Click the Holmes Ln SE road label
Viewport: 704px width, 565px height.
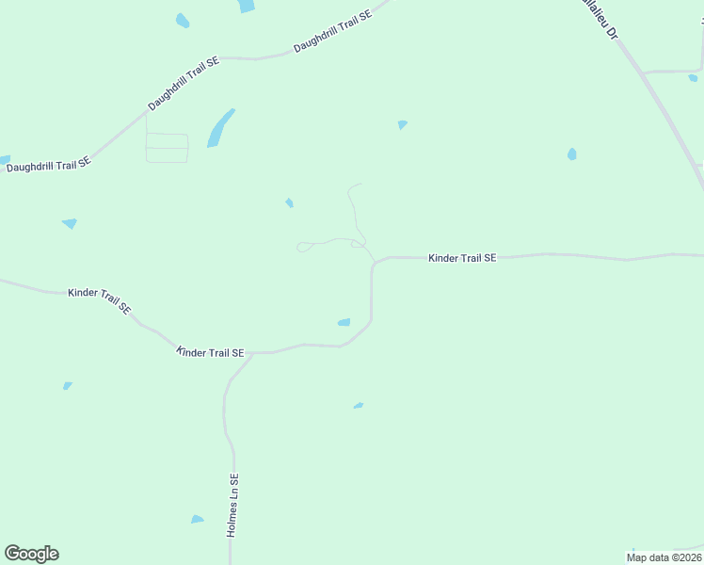(233, 505)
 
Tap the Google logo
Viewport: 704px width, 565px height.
(31, 554)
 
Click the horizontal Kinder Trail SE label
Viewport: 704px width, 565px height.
(462, 257)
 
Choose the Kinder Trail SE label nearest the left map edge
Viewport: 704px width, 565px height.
(100, 299)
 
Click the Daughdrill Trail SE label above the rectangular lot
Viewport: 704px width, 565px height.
(184, 83)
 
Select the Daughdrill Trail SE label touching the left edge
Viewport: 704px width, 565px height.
(48, 164)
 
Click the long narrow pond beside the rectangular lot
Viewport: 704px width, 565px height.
(220, 127)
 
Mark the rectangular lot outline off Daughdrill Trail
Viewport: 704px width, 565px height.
(167, 148)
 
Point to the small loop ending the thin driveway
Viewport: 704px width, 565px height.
(303, 248)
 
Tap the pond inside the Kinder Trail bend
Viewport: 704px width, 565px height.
(344, 323)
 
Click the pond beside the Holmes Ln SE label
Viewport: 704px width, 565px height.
(197, 519)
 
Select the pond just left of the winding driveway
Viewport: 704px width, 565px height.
(290, 202)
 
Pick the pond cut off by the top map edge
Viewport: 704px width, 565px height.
(246, 6)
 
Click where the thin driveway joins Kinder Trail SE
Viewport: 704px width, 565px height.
(376, 261)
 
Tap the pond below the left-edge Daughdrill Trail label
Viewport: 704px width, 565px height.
(69, 223)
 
